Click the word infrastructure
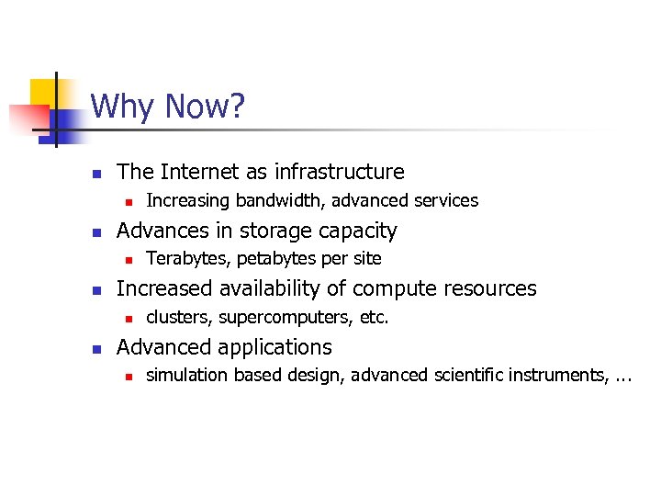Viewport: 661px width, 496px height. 340,172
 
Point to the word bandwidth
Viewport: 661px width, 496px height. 273,200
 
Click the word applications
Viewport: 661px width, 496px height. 274,347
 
